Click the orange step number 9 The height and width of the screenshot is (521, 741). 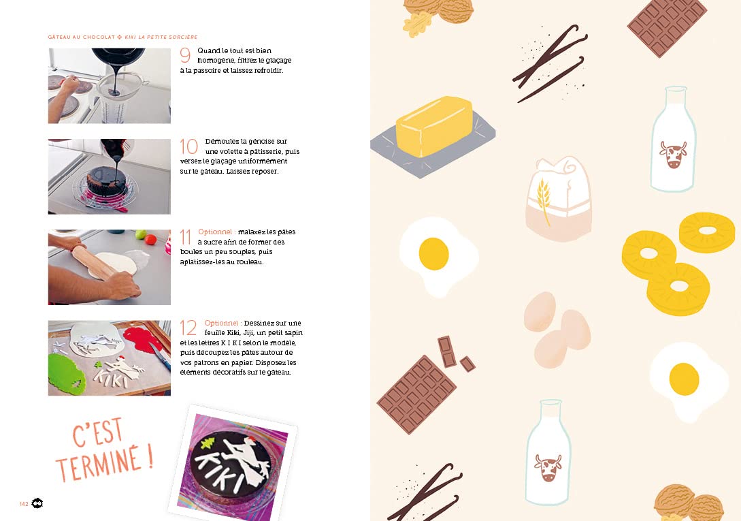185,56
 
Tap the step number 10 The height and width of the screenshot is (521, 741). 188,146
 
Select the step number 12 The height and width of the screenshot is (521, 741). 188,328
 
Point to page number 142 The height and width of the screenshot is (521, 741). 24,503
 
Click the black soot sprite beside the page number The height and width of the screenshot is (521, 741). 37,503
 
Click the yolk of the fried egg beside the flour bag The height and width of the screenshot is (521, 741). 433,253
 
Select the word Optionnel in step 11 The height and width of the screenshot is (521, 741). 216,232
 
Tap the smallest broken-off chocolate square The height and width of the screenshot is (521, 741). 467,364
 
